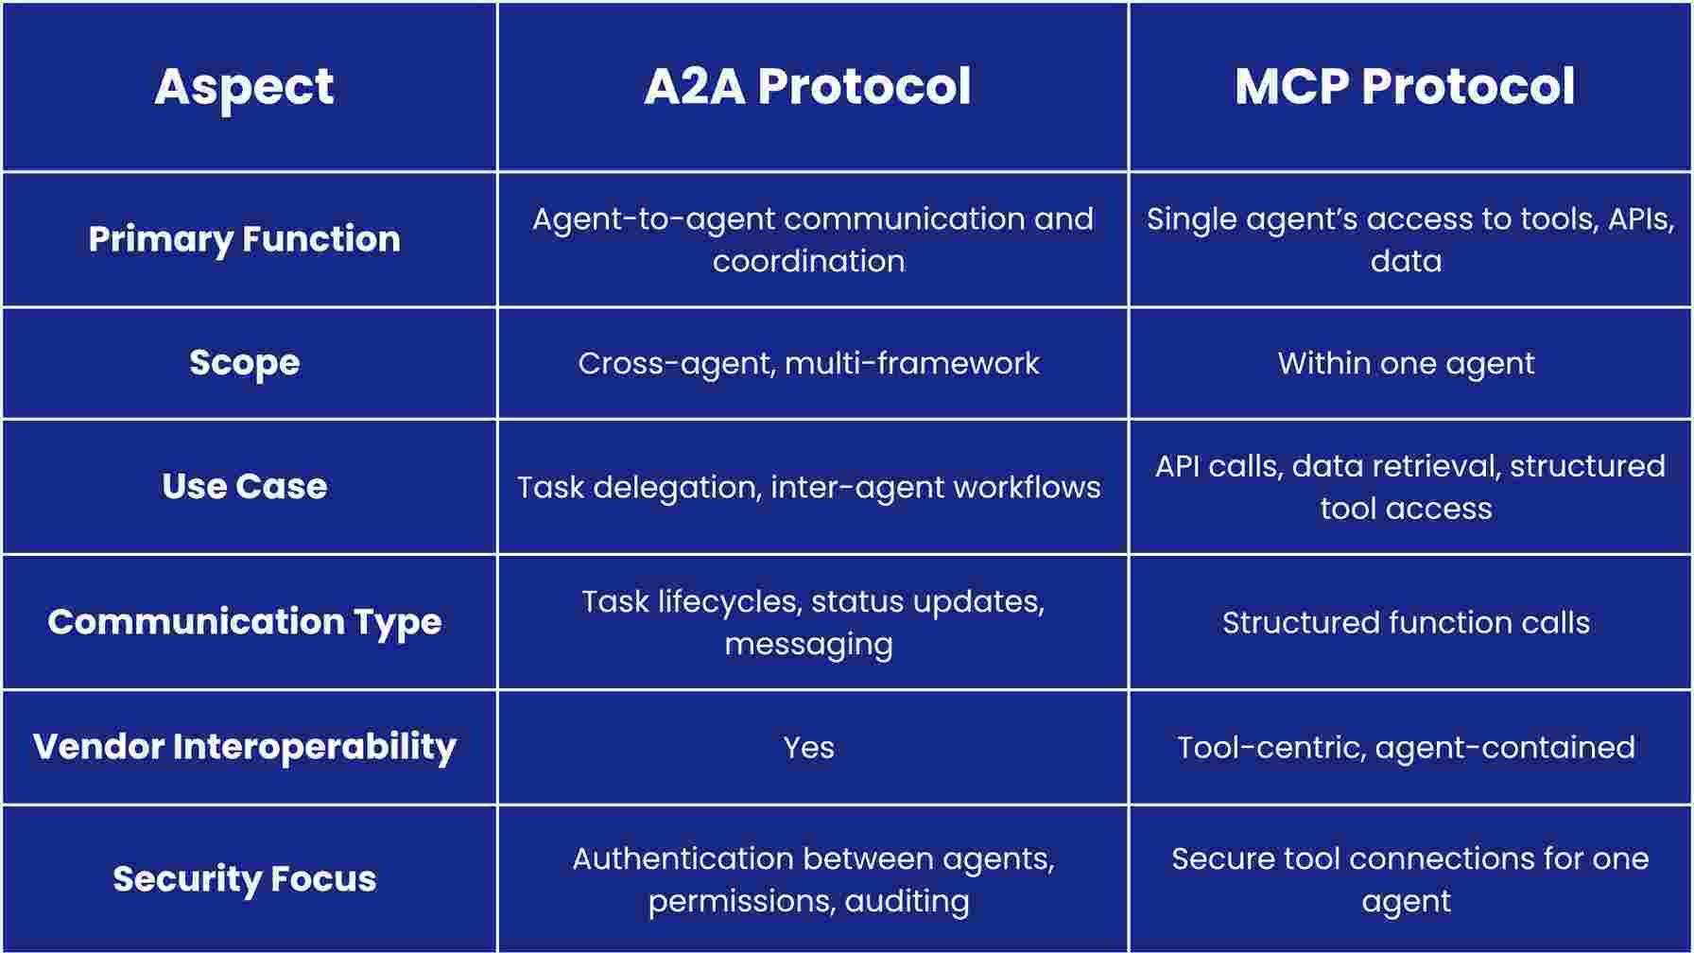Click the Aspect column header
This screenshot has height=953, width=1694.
point(244,87)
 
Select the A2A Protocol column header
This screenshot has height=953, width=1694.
point(807,86)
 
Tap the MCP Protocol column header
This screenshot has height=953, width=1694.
point(1405,86)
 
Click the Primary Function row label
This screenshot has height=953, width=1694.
point(244,239)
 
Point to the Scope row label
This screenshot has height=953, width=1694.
point(244,363)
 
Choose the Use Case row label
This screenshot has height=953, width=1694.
point(244,486)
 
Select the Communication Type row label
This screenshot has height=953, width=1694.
point(244,622)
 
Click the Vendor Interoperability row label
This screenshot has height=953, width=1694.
point(244,747)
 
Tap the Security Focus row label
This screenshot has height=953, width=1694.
point(244,879)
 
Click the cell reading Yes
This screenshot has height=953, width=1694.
point(808,748)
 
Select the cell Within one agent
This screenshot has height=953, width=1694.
point(1406,364)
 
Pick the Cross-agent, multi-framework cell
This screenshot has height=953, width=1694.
point(808,364)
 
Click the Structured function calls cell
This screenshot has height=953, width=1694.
point(1406,623)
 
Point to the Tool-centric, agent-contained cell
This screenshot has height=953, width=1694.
point(1406,748)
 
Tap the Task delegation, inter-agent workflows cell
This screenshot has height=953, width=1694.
point(808,488)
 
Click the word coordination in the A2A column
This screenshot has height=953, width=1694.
point(808,261)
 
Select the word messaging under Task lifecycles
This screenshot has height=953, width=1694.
point(808,645)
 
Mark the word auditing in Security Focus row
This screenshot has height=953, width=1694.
point(907,902)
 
